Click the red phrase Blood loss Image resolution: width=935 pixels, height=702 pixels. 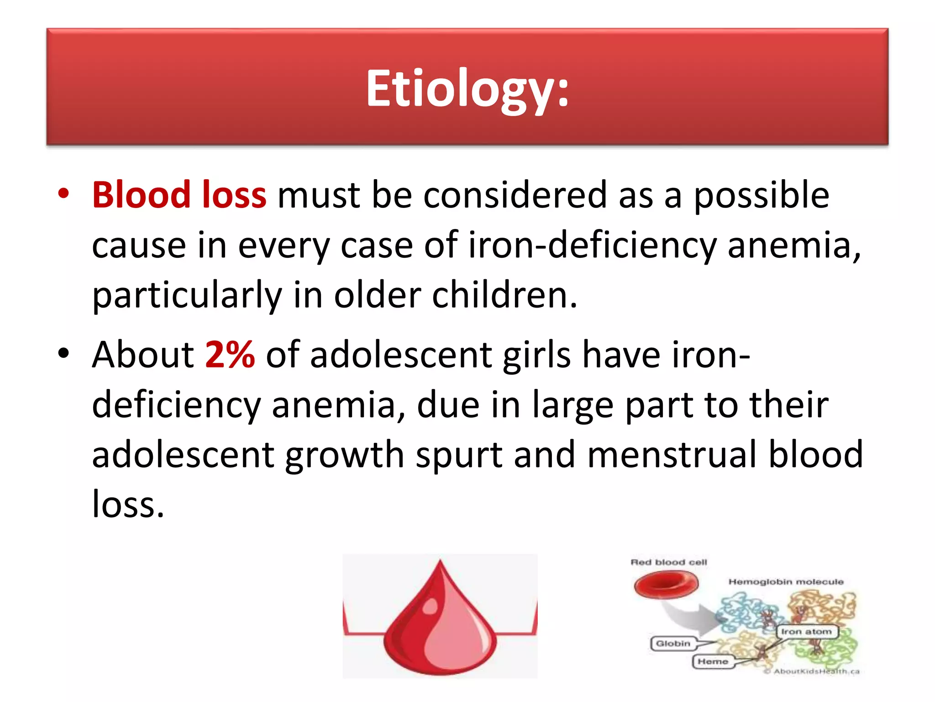179,195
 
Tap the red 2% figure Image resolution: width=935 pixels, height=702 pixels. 230,355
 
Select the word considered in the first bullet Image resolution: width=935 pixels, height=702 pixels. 515,195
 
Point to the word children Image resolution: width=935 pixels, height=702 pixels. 504,295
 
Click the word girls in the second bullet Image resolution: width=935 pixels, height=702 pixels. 536,355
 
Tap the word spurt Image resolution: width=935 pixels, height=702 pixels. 459,454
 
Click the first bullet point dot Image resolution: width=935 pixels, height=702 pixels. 63,194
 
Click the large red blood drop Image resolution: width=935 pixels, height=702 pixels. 439,626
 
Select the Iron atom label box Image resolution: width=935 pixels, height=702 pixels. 807,632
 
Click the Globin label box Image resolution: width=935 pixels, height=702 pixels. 673,643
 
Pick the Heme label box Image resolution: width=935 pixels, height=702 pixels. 713,661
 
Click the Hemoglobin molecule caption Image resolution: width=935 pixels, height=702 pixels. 786,582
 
